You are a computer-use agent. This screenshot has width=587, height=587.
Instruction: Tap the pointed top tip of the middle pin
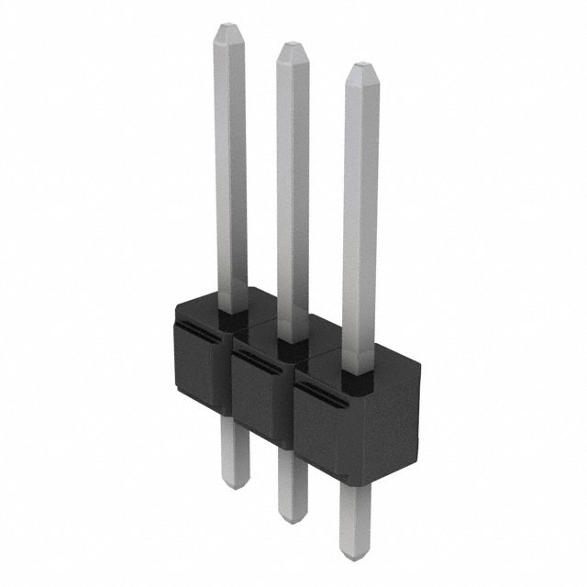click(x=291, y=46)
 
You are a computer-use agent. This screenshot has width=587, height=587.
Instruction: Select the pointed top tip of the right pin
click(x=359, y=66)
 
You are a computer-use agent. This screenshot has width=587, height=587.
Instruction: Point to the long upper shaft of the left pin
click(x=229, y=165)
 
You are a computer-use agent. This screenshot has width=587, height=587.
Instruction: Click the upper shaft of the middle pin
click(x=292, y=183)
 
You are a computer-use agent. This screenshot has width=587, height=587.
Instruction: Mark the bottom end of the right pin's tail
click(x=352, y=556)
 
